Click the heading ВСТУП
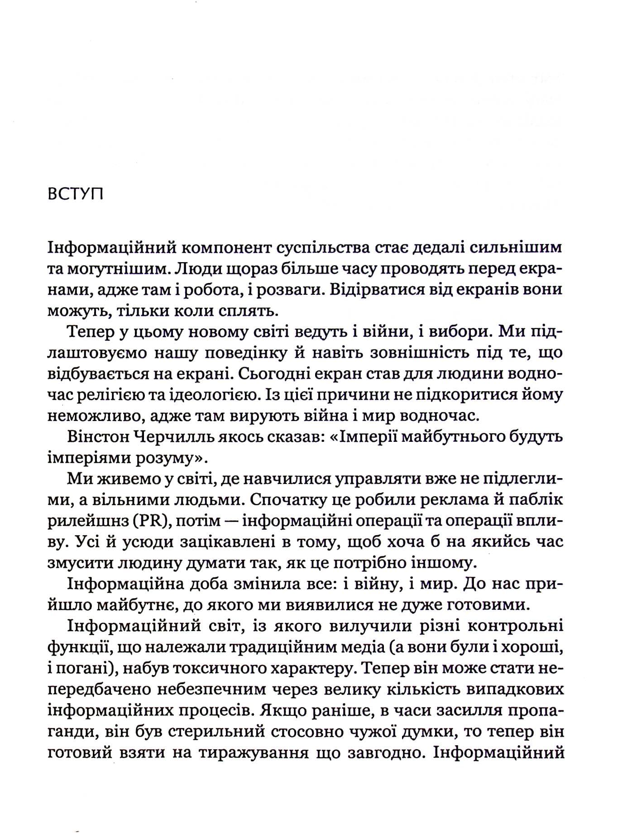[x=75, y=196]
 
